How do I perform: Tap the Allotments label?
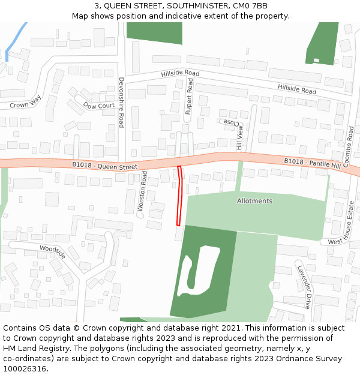click(x=254, y=201)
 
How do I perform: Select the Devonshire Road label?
click(x=121, y=102)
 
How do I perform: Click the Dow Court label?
click(x=99, y=106)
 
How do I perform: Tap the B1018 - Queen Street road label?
click(x=105, y=166)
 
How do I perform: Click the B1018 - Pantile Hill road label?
click(x=312, y=162)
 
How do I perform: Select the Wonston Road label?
click(x=143, y=190)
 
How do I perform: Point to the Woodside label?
click(x=52, y=251)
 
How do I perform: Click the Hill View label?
click(x=241, y=137)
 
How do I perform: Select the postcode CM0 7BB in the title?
click(x=252, y=6)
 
